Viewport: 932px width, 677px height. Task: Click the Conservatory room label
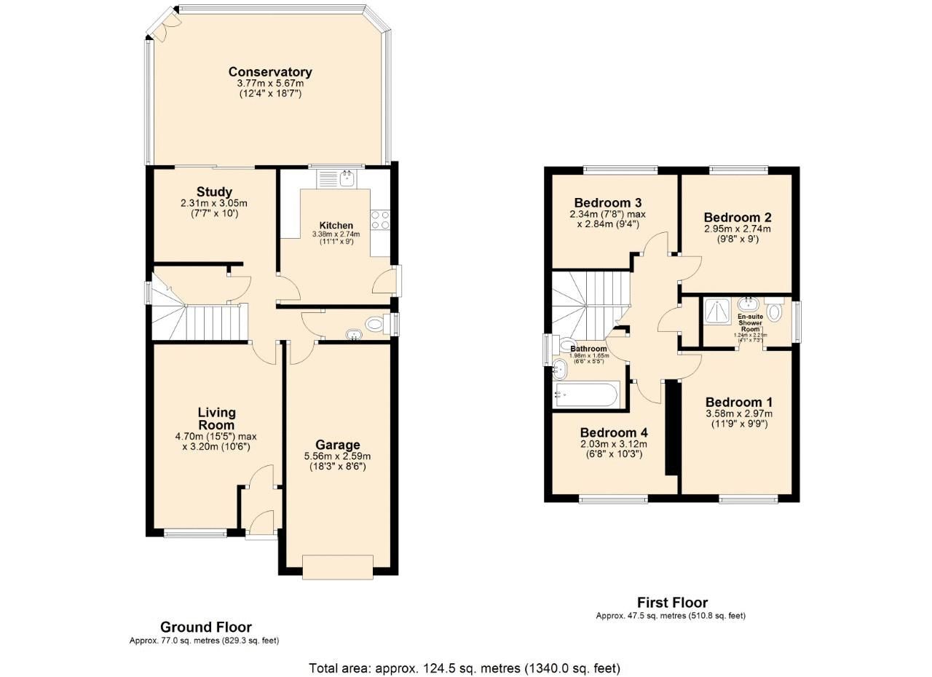pyautogui.click(x=270, y=72)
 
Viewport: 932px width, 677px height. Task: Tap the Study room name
pyautogui.click(x=215, y=192)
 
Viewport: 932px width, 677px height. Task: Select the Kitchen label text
pyautogui.click(x=336, y=226)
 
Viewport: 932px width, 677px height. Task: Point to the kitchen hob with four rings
pyautogui.click(x=380, y=219)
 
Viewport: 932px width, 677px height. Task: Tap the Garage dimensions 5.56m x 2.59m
pyautogui.click(x=337, y=456)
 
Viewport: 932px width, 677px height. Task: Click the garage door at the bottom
pyautogui.click(x=338, y=567)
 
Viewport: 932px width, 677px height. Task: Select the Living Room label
pyautogui.click(x=217, y=419)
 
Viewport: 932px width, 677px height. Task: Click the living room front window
pyautogui.click(x=196, y=533)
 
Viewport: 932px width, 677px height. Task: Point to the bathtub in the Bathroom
pyautogui.click(x=586, y=395)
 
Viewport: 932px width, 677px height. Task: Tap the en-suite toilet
pyautogui.click(x=774, y=313)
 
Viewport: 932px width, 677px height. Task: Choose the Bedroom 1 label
pyautogui.click(x=739, y=403)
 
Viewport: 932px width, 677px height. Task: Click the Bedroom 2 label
pyautogui.click(x=738, y=217)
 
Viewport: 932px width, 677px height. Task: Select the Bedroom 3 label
pyautogui.click(x=608, y=202)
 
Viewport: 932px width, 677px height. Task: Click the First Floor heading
pyautogui.click(x=672, y=602)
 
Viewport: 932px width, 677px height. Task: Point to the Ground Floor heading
pyautogui.click(x=206, y=627)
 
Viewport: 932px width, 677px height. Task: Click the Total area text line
pyautogui.click(x=465, y=668)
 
